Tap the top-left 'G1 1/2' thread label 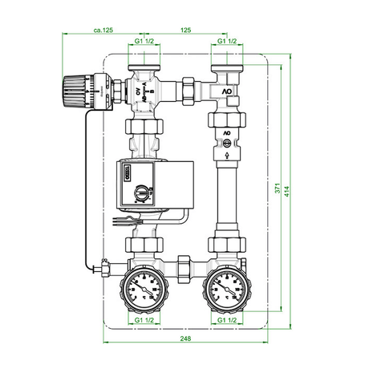coord(146,40)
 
